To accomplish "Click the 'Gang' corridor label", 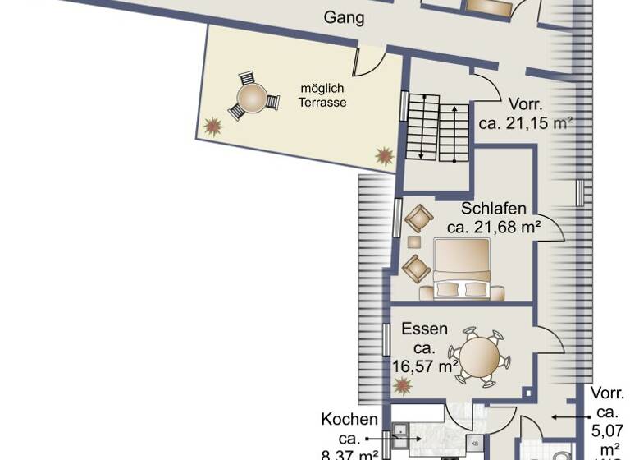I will point(344,17).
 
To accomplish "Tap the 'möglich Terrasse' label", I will point(322,95).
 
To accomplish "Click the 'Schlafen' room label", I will point(493,209).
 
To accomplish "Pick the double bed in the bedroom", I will point(461,269).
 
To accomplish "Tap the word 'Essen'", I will point(424,329).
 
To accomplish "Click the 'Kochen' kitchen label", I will point(350,420).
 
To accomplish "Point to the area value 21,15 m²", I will point(525,123).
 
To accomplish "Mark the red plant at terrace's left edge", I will point(213,126).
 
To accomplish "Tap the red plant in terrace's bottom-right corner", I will point(383,155).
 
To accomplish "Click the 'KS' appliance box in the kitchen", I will point(475,444).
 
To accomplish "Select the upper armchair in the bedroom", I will point(418,218).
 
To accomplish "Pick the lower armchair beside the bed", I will point(417,268).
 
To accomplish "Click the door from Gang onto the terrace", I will point(367,62).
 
